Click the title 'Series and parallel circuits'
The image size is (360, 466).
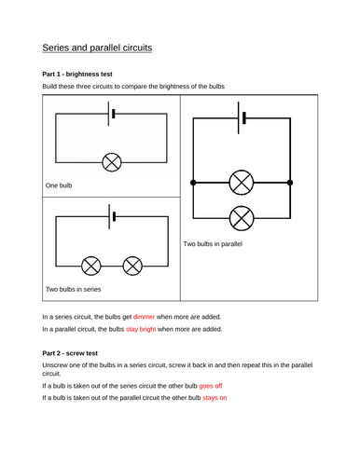(x=97, y=48)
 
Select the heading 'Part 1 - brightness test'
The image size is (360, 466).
(x=77, y=75)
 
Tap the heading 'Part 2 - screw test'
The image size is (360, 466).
(x=70, y=353)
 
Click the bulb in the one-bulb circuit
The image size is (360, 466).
(x=112, y=162)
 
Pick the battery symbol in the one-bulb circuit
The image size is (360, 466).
(x=112, y=114)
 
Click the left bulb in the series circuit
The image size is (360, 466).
(x=91, y=266)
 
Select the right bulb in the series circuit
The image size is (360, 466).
(x=132, y=266)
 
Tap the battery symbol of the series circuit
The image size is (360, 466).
(x=112, y=216)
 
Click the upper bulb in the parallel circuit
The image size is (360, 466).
(x=242, y=183)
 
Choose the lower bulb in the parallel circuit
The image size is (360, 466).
(x=242, y=218)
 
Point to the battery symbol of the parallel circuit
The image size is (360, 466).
(x=242, y=118)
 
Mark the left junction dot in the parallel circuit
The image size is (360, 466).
(x=193, y=183)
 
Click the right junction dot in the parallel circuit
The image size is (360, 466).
(x=290, y=183)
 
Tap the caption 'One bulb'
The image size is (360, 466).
(x=59, y=185)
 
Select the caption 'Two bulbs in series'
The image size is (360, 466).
(x=74, y=289)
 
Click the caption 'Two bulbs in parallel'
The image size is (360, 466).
(x=213, y=244)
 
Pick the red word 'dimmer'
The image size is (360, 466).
(x=144, y=317)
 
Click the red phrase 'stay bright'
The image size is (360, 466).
(x=141, y=329)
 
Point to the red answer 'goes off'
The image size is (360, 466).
(x=211, y=386)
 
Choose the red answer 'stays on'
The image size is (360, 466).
(x=215, y=398)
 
